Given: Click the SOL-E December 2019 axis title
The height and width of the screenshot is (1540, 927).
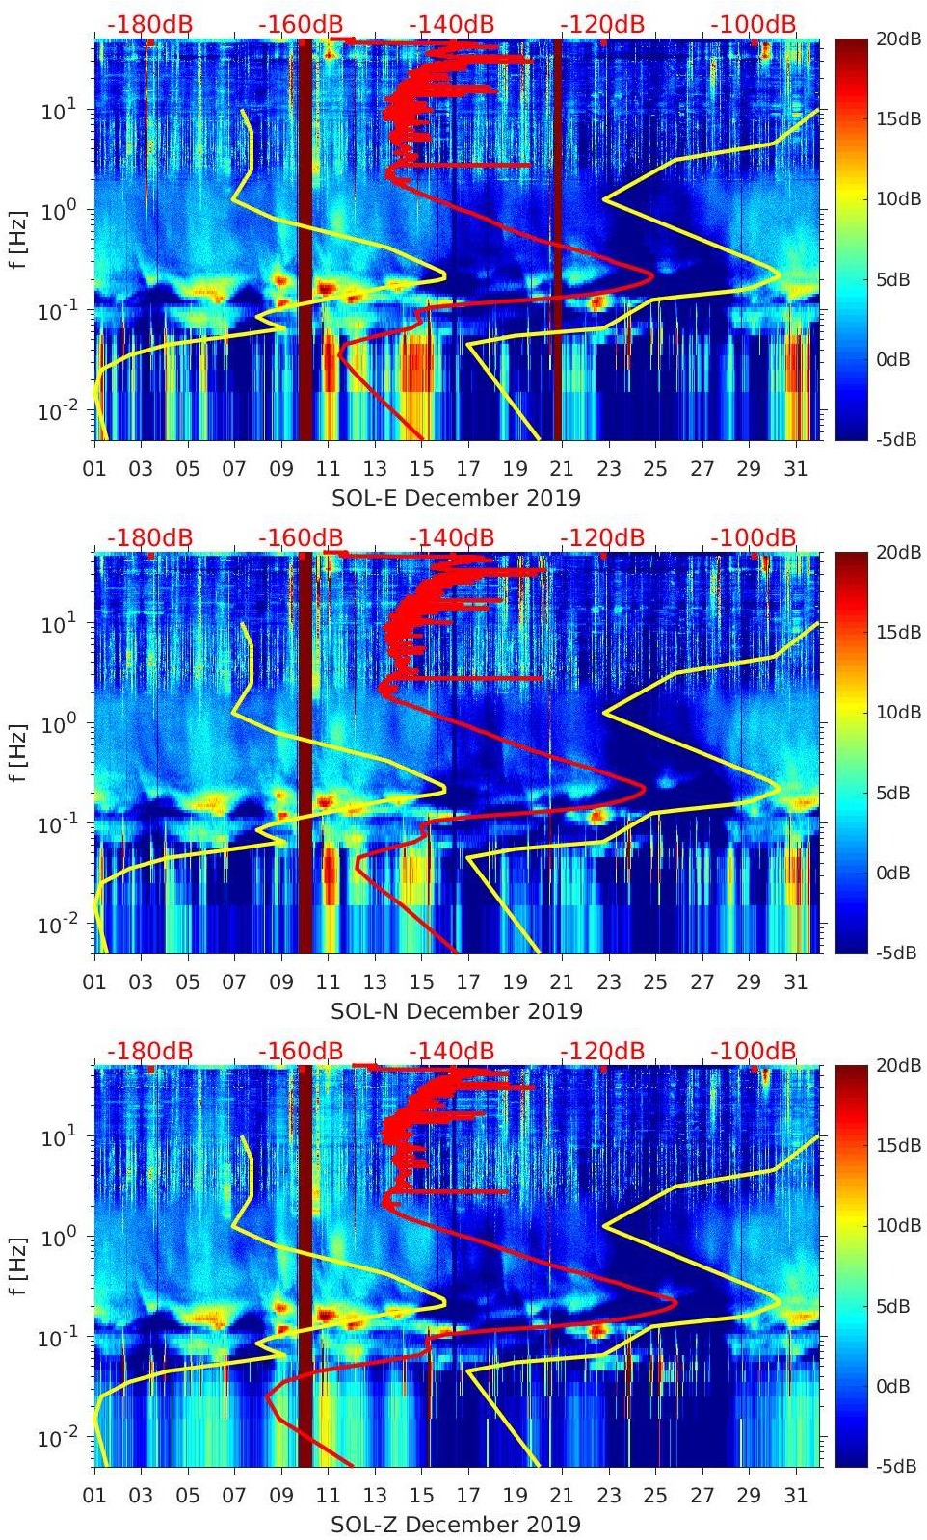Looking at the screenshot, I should (456, 498).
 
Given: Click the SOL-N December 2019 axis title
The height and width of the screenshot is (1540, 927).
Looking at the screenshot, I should (456, 1011).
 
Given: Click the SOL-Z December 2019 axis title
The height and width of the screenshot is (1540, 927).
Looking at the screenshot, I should (456, 1525).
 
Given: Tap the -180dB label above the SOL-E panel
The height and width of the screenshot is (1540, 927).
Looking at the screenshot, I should (149, 24).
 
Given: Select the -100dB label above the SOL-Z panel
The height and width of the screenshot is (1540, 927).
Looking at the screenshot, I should (754, 1051).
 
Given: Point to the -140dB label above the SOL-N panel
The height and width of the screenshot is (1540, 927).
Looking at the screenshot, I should (451, 537).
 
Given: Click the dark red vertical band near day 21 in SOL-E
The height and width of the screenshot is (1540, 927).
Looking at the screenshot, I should (557, 241).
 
